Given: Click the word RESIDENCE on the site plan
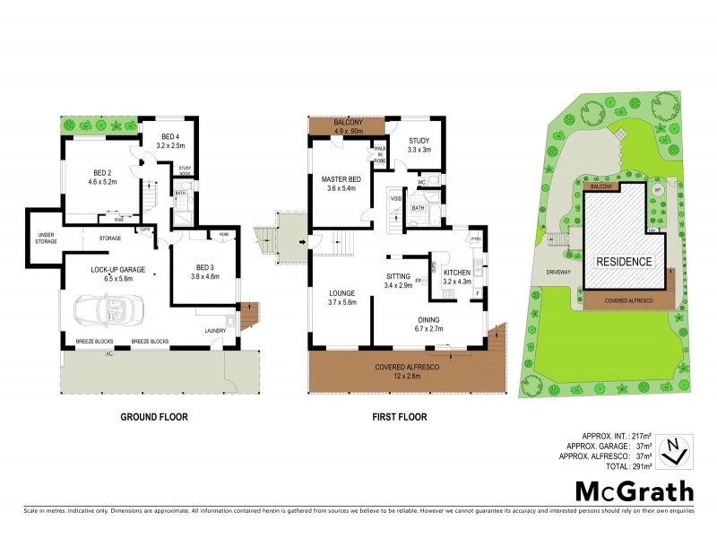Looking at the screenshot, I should coord(625,262).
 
